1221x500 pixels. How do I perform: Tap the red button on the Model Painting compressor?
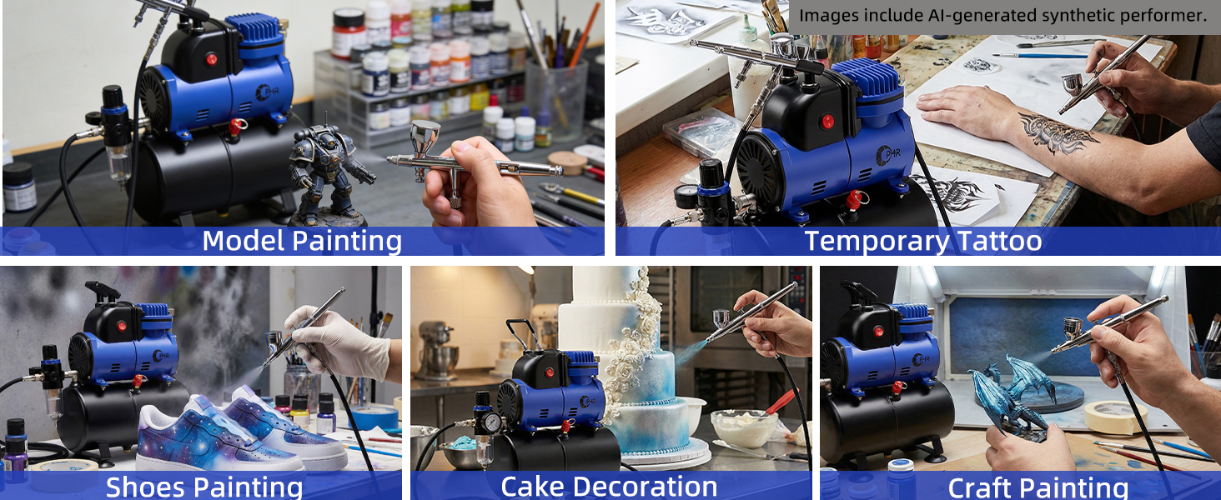[x=211, y=59]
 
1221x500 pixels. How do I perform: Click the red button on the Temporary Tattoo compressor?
[x=827, y=121]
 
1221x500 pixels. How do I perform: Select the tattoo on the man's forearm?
[x=1058, y=132]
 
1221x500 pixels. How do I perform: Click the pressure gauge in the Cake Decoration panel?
[x=493, y=422]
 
